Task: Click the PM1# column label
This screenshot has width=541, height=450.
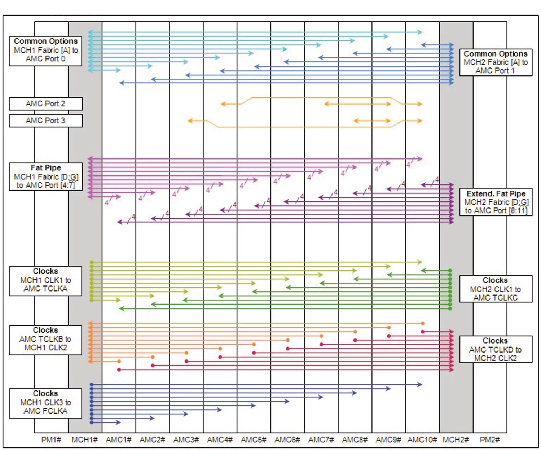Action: coord(51,440)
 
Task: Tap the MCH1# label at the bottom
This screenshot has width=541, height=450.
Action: coord(84,440)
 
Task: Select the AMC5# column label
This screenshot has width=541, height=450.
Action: coord(254,440)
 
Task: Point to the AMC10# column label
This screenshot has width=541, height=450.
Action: coord(422,440)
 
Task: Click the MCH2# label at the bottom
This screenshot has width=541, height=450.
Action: coord(456,440)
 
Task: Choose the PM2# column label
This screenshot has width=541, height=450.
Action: coord(489,440)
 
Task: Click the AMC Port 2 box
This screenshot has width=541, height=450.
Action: coord(45,104)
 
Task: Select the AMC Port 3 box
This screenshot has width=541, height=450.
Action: coord(45,121)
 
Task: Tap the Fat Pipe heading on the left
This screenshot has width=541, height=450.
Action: coord(46,168)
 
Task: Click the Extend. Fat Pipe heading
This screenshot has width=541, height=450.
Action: coord(496,194)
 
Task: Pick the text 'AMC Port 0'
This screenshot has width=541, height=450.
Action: coord(45,59)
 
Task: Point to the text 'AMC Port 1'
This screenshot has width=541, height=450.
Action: coord(495,71)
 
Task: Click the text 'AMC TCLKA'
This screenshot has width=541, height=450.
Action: coord(45,289)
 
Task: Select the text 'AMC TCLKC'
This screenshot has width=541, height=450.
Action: coord(495,298)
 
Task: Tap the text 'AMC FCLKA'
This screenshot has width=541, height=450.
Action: coord(45,411)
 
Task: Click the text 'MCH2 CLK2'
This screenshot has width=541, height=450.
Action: coord(495,358)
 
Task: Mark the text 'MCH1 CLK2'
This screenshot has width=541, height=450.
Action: coord(45,348)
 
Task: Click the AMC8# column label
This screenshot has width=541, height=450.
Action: coord(355,440)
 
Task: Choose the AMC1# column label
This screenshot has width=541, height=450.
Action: coord(118,440)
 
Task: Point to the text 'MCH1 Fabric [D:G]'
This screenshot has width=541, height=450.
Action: coord(46,177)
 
